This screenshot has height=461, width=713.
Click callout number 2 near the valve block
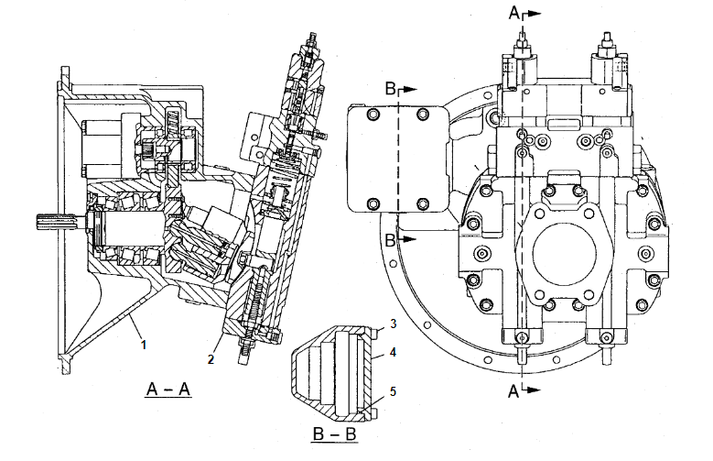coord(211,359)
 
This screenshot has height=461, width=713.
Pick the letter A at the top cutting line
coord(515,14)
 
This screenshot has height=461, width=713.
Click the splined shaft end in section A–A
coord(49,222)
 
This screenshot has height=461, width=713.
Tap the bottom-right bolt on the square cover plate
coord(421,203)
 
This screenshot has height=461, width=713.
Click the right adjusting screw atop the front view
coord(605,41)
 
